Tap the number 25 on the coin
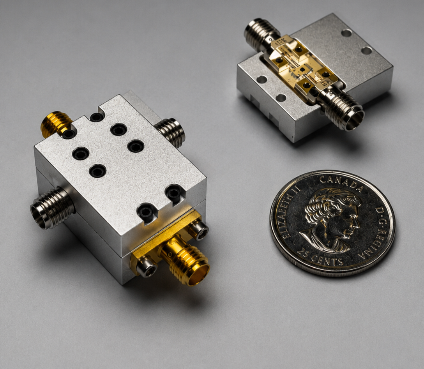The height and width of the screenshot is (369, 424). coord(304,253)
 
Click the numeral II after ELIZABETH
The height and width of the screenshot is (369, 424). coord(295,188)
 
